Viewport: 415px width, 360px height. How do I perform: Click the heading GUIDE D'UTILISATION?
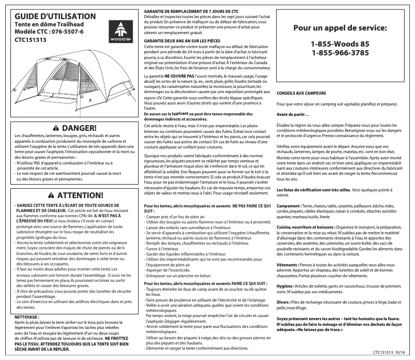(55, 17)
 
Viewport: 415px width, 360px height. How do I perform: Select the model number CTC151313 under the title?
(31, 39)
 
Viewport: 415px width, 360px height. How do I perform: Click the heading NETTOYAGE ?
(27, 317)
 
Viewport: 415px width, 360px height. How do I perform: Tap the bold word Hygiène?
(286, 286)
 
